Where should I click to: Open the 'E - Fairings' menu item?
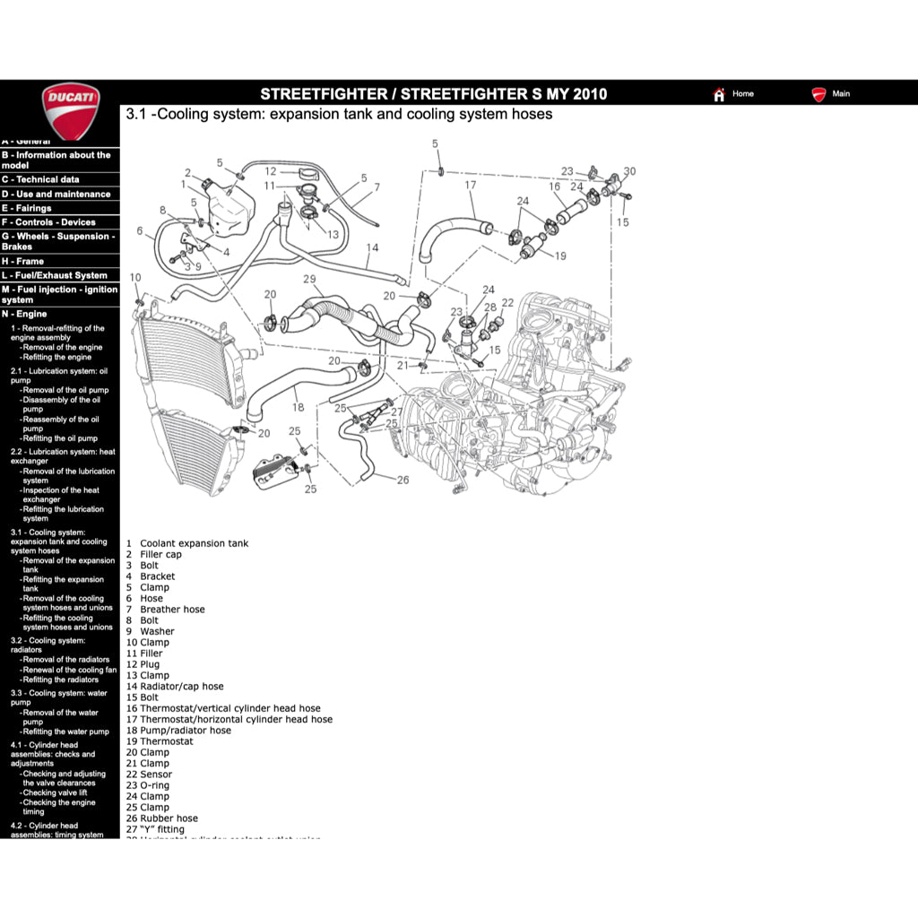[28, 208]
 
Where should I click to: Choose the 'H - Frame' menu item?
[24, 261]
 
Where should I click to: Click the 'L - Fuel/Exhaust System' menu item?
[55, 275]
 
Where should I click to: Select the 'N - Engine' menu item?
[25, 314]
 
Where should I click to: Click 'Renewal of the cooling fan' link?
[69, 670]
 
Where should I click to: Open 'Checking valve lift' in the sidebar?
[55, 792]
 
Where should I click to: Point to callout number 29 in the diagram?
[309, 280]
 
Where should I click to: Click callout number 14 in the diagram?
[372, 247]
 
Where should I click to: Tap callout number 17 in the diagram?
[470, 186]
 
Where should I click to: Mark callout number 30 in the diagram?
[629, 171]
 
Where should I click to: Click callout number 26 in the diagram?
[403, 480]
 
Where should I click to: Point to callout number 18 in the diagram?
[298, 407]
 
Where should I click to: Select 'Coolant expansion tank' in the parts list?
[194, 543]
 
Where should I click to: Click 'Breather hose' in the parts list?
[172, 610]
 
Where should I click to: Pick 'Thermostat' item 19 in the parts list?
[166, 741]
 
